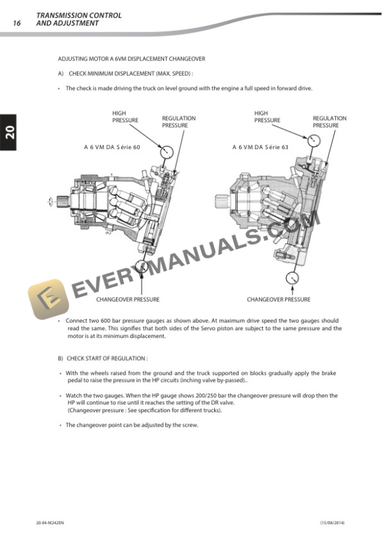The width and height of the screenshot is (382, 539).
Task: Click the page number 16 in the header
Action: (17, 23)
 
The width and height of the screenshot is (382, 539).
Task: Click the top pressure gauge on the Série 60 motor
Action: (167, 152)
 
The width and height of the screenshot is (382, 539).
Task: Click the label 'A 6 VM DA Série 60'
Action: (112, 148)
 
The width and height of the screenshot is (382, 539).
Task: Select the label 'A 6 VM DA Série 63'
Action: (260, 148)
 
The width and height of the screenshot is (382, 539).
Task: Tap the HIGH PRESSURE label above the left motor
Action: (125, 117)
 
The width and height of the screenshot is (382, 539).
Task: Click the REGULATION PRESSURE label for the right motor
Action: (330, 122)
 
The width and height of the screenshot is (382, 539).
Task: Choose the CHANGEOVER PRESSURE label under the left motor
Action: (127, 299)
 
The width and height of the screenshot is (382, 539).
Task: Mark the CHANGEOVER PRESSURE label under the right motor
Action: (278, 299)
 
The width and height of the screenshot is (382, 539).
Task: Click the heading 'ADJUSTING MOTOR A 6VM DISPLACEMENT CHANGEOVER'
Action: (132, 59)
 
